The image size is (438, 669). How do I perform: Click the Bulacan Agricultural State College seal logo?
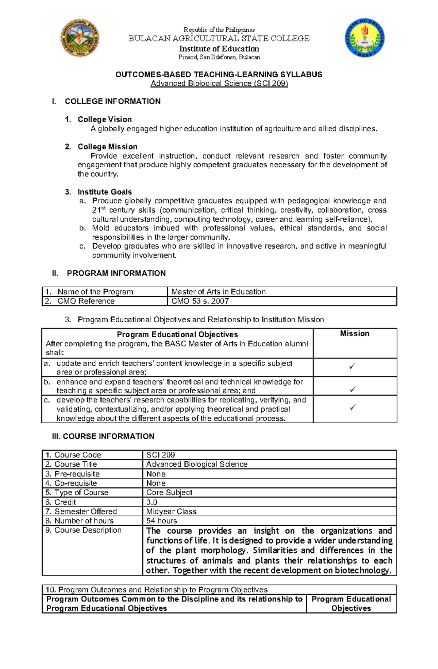point(80,38)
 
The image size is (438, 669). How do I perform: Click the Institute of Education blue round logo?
point(364,38)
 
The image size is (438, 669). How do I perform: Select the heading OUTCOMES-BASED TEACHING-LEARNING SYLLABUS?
point(219,75)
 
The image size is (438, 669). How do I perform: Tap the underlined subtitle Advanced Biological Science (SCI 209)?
point(219,83)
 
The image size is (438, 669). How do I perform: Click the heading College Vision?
point(104,119)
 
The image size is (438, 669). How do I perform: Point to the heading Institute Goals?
point(104,192)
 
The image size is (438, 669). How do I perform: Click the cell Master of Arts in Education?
point(218,292)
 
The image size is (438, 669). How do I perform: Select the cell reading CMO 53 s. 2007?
point(200,301)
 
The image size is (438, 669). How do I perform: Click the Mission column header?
point(354,334)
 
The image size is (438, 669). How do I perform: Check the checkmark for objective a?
point(352,366)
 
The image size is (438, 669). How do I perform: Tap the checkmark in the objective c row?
point(352,408)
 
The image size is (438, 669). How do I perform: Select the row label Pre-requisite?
point(77,474)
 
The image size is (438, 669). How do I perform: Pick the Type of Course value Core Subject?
point(169,493)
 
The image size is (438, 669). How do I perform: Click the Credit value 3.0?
point(152,502)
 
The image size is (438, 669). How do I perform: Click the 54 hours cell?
point(161,521)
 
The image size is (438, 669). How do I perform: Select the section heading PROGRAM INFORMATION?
point(116,273)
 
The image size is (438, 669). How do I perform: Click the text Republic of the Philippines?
point(219,30)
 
